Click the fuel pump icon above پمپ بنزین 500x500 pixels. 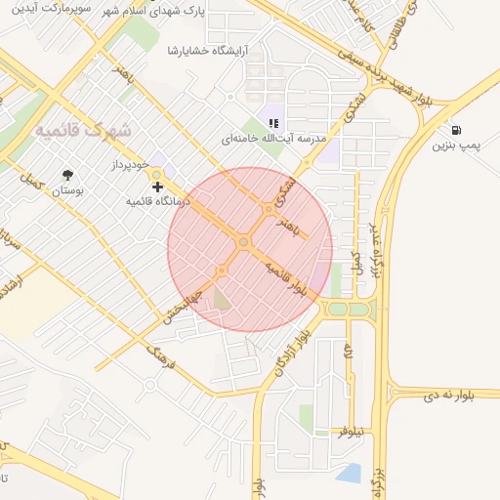tap(456, 130)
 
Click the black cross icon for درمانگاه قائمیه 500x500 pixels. tap(157, 186)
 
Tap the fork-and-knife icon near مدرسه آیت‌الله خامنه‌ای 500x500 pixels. tap(273, 124)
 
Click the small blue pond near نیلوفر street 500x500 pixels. tap(349, 475)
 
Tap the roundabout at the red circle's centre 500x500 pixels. tap(243, 241)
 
